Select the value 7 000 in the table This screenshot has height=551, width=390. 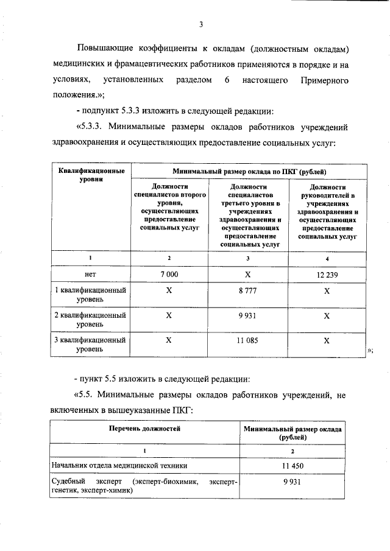click(169, 275)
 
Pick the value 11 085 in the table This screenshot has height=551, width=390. click(247, 342)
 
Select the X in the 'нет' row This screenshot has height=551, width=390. click(247, 275)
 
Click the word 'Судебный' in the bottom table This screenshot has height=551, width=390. click(68, 482)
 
